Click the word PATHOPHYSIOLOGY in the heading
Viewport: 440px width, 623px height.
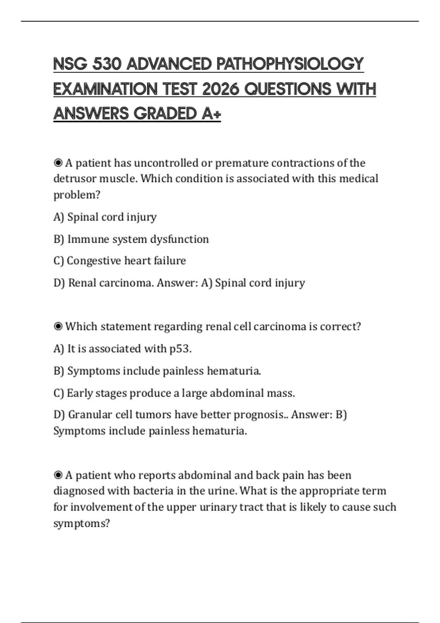click(290, 64)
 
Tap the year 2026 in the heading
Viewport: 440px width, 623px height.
click(220, 89)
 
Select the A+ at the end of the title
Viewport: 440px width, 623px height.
click(211, 114)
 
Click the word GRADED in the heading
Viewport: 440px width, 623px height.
click(165, 114)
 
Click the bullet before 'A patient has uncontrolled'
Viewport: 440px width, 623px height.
click(58, 163)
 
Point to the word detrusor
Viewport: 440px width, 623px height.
click(75, 179)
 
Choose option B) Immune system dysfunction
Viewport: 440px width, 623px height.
click(131, 239)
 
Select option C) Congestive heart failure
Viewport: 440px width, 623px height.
click(120, 261)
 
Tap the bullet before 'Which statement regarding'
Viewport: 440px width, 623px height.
click(58, 327)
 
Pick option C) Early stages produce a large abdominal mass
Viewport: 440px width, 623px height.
click(174, 393)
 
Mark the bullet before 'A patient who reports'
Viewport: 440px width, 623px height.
click(58, 475)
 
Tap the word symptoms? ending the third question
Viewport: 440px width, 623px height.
click(81, 523)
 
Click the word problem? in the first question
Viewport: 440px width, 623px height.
click(77, 195)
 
